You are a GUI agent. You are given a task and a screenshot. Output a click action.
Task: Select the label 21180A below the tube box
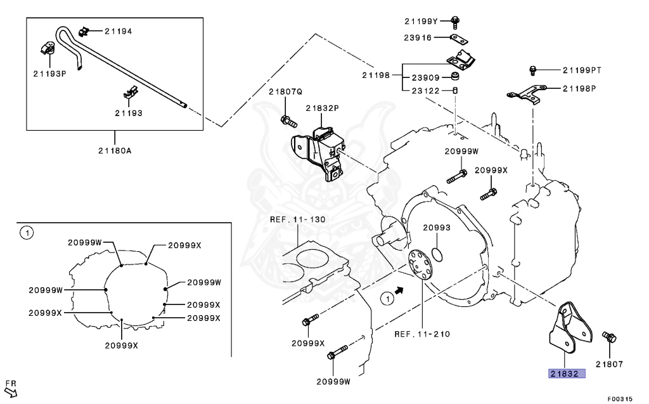115,150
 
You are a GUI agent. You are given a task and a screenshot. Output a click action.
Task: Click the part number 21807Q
285,92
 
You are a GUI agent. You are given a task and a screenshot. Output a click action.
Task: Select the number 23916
417,37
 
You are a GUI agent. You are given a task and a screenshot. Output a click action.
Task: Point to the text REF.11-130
297,219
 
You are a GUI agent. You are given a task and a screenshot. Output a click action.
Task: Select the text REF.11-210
421,334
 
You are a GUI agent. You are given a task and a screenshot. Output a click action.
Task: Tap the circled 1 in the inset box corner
26,233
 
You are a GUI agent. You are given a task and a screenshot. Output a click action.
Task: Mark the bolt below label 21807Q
286,120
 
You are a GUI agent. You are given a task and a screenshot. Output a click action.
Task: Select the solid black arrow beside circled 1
399,289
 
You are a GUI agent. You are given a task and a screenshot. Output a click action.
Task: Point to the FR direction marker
11,386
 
